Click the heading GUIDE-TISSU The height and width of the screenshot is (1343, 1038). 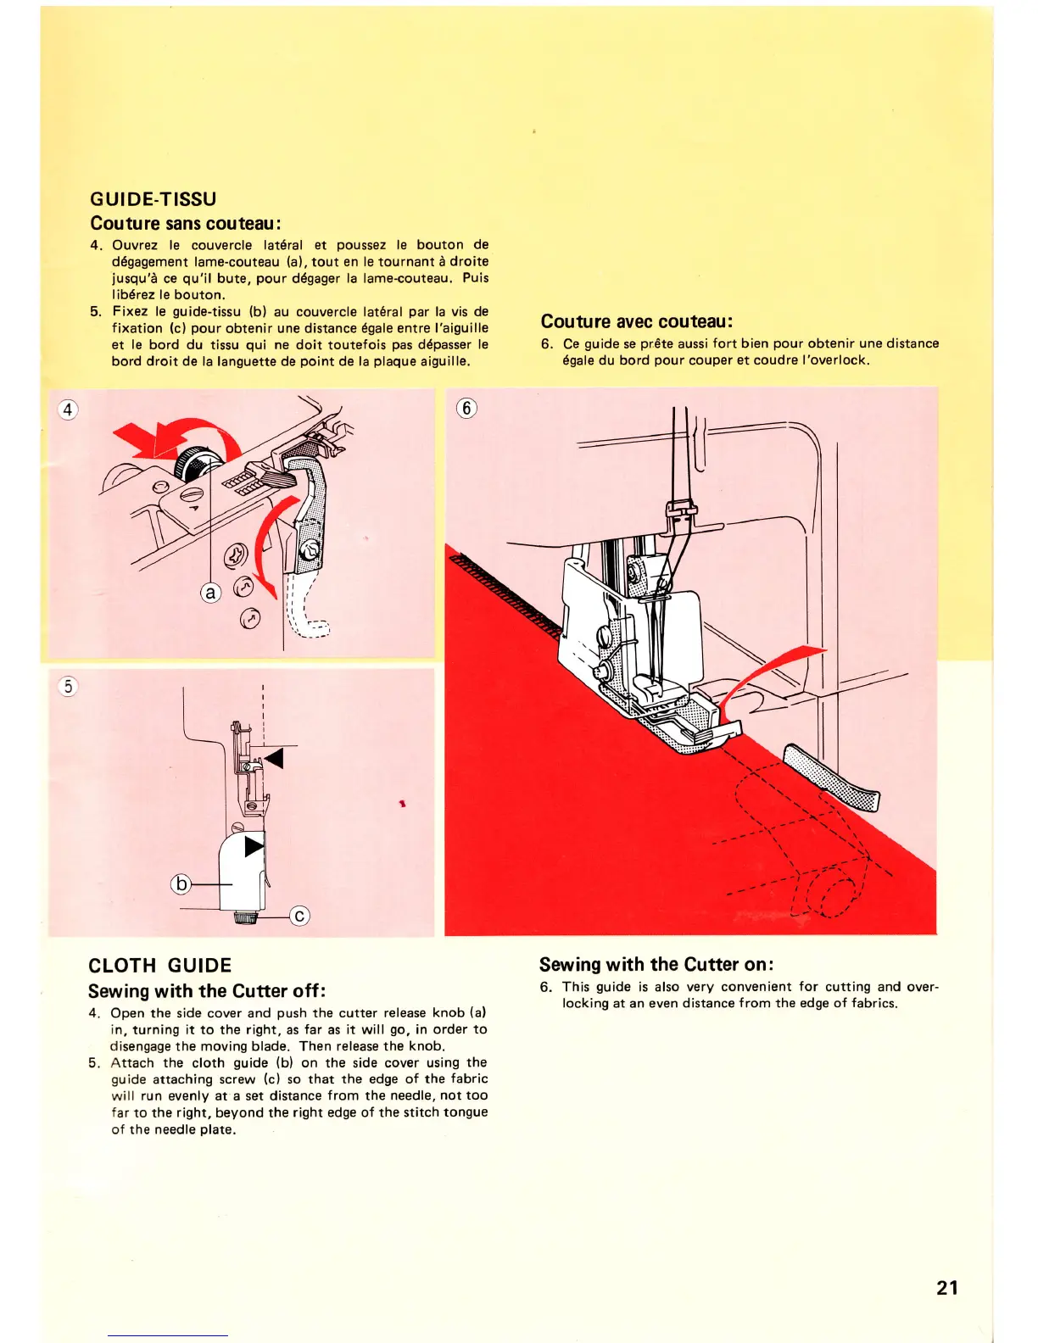click(x=153, y=199)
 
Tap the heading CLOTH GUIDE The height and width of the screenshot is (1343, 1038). click(x=159, y=966)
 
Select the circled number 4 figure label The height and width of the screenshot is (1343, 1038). click(x=67, y=410)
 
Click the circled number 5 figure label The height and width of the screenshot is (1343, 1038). click(x=68, y=686)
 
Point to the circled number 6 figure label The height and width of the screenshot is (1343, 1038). click(x=466, y=408)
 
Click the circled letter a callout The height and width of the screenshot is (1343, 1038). click(x=209, y=593)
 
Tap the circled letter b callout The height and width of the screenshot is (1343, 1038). click(x=181, y=883)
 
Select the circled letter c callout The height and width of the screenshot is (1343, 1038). click(x=299, y=916)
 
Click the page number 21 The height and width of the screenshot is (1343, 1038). click(x=947, y=1288)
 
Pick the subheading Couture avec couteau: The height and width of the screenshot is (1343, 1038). click(x=636, y=321)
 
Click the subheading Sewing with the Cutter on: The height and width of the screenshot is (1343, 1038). click(x=656, y=965)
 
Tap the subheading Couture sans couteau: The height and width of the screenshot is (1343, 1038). click(x=186, y=224)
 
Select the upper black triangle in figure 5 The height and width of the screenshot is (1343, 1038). click(x=273, y=757)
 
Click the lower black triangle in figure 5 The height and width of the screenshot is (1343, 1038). click(x=254, y=846)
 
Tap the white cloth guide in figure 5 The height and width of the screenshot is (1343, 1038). click(x=242, y=873)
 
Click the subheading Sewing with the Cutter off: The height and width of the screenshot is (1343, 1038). click(x=207, y=991)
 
